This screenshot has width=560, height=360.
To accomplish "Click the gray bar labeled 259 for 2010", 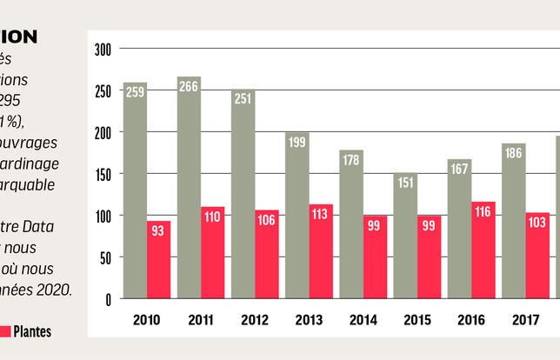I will click(135, 191).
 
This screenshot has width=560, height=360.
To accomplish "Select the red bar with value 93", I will click(158, 259).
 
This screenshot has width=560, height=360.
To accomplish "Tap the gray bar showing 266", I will click(189, 188).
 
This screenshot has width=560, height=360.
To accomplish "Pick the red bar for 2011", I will click(213, 252).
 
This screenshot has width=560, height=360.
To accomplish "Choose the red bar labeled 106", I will click(266, 254).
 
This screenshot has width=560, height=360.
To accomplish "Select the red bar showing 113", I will click(320, 251).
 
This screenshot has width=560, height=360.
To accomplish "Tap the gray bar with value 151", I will click(404, 236).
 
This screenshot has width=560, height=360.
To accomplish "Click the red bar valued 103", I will click(537, 256).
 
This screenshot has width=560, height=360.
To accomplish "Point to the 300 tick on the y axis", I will click(103, 50).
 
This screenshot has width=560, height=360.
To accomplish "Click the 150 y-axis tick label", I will click(103, 174).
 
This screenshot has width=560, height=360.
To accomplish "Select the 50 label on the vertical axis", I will click(106, 257).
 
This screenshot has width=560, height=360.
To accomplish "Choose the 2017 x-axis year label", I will click(524, 319).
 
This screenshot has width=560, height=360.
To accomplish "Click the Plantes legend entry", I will click(31, 331).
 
